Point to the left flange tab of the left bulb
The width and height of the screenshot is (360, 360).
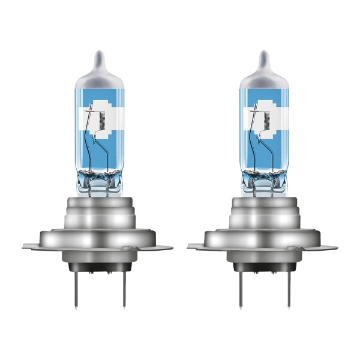click(33, 245)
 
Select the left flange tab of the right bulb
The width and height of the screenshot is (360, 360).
click(197, 245)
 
